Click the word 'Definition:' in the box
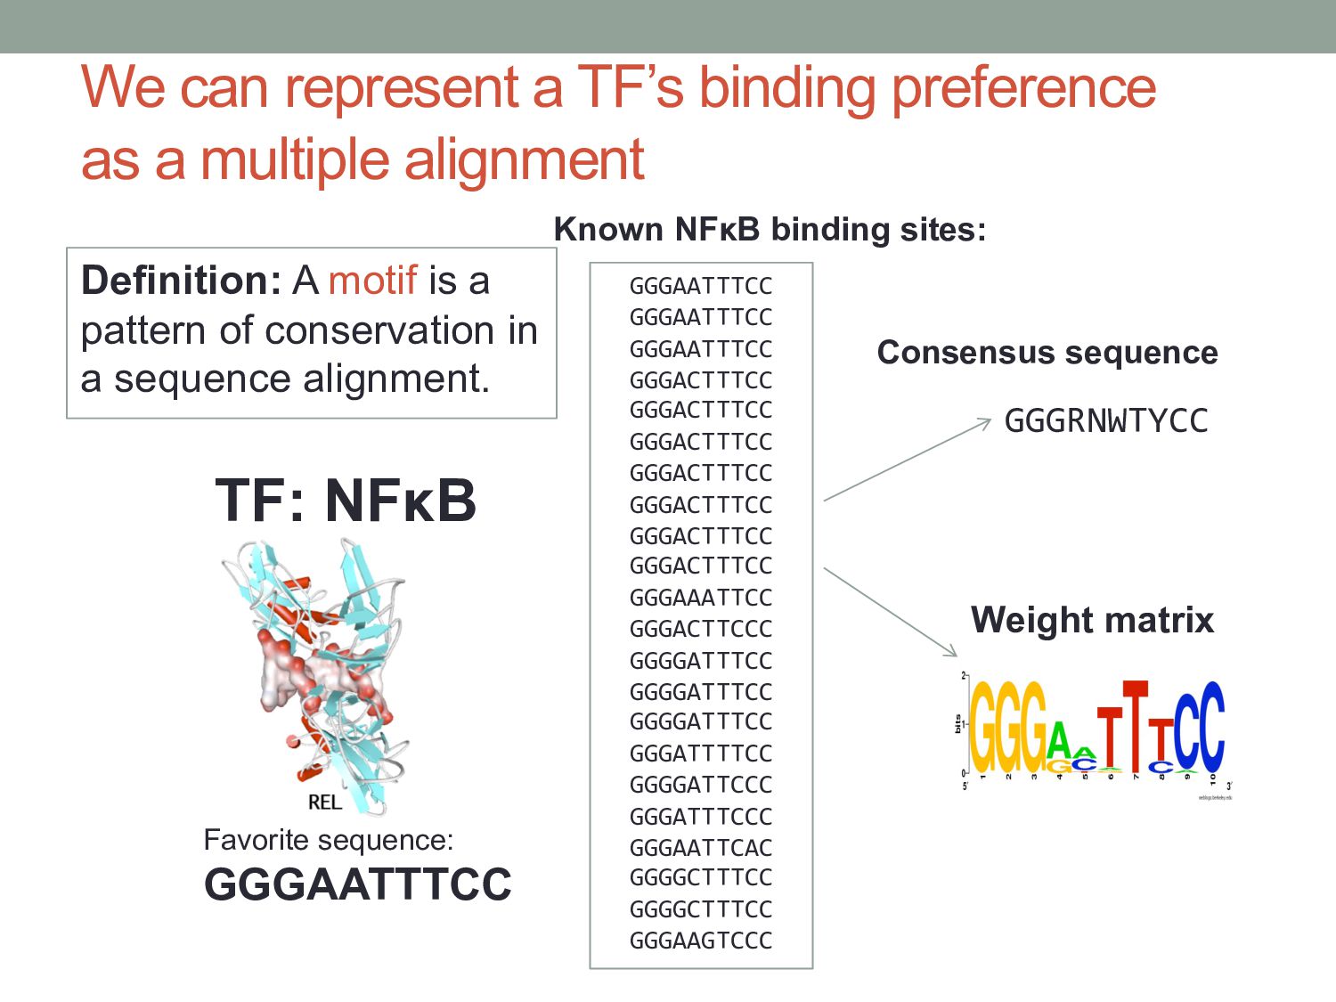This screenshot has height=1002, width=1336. [x=181, y=281]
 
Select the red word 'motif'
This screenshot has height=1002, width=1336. [x=372, y=281]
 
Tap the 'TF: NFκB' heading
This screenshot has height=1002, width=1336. [x=346, y=501]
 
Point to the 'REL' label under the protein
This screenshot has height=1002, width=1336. [x=324, y=802]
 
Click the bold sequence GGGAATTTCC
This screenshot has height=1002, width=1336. [x=358, y=884]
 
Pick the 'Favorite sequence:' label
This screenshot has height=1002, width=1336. [x=329, y=840]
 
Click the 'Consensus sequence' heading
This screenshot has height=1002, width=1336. [x=1047, y=353]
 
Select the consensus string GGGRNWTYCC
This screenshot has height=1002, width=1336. [x=1105, y=421]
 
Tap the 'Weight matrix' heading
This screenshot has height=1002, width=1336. [x=1092, y=620]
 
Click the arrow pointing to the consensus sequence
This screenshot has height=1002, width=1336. [x=907, y=460]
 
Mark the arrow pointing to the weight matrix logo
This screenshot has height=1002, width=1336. [x=890, y=612]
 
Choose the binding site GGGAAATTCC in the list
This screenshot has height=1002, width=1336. [x=701, y=598]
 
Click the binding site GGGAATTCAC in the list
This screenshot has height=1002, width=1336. [x=701, y=848]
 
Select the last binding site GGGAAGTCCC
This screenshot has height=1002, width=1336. [x=701, y=941]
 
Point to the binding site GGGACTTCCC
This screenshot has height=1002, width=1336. [x=701, y=629]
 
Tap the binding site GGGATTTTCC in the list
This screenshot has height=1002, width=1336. [x=701, y=754]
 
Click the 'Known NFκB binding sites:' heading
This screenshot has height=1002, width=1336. [x=770, y=230]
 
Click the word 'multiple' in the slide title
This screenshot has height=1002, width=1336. [x=297, y=160]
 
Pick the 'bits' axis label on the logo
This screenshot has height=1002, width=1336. [x=957, y=724]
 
